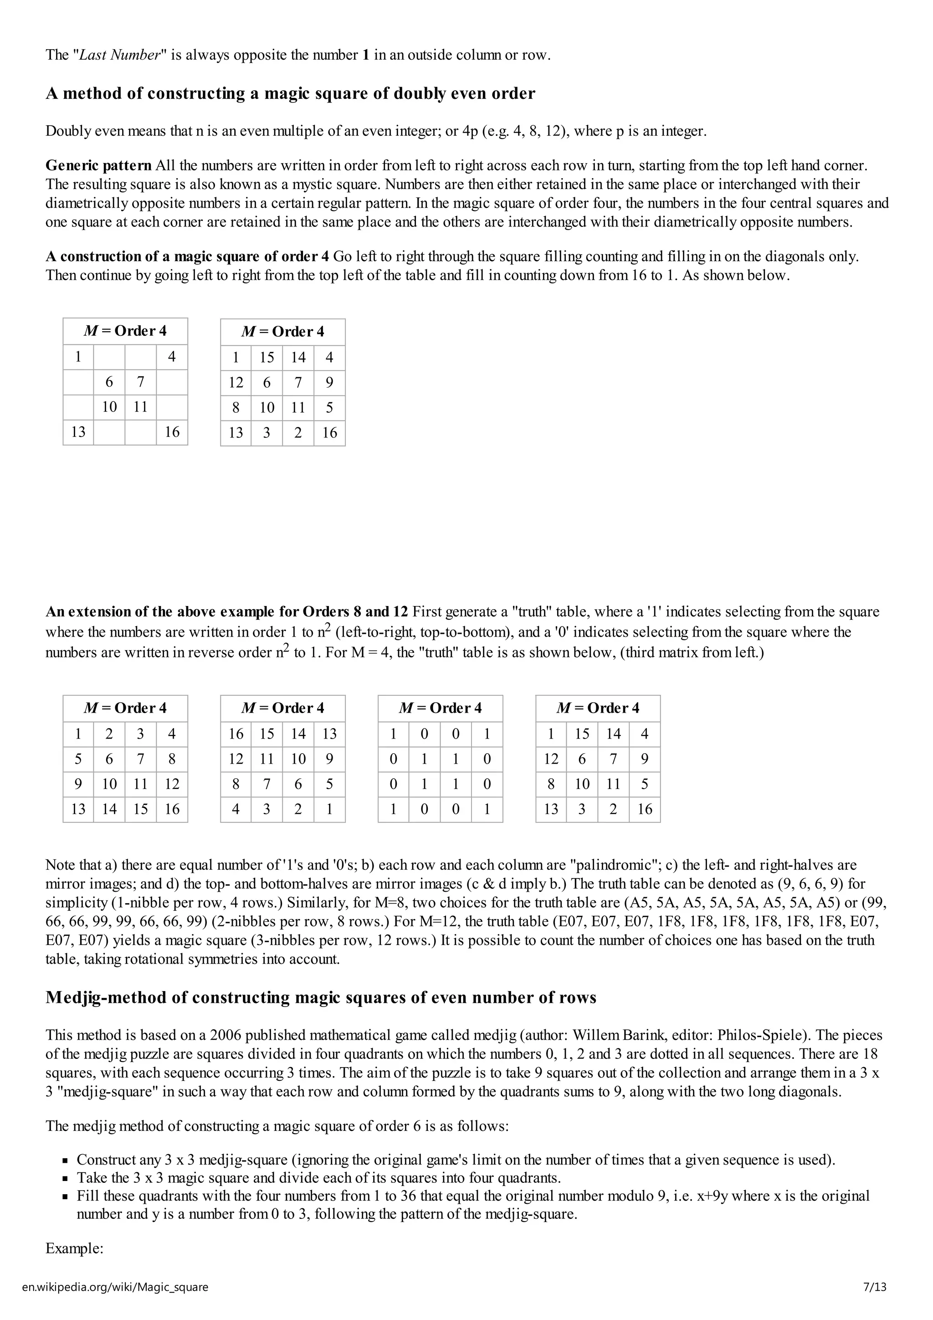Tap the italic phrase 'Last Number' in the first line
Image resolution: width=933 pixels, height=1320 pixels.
pos(119,55)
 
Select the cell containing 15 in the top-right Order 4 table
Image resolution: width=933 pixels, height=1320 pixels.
pos(267,358)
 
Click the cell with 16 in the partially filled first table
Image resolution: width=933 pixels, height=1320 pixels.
pos(172,432)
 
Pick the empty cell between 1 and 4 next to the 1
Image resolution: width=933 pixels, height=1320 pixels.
pos(109,357)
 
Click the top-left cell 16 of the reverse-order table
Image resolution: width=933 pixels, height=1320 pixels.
pos(236,734)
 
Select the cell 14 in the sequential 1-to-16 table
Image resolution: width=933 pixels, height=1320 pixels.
pos(109,810)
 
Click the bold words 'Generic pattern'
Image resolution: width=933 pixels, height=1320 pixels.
pos(98,165)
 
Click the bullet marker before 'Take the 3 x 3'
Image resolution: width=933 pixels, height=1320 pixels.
pos(66,1179)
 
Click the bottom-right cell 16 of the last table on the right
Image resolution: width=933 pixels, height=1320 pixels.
pos(645,810)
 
